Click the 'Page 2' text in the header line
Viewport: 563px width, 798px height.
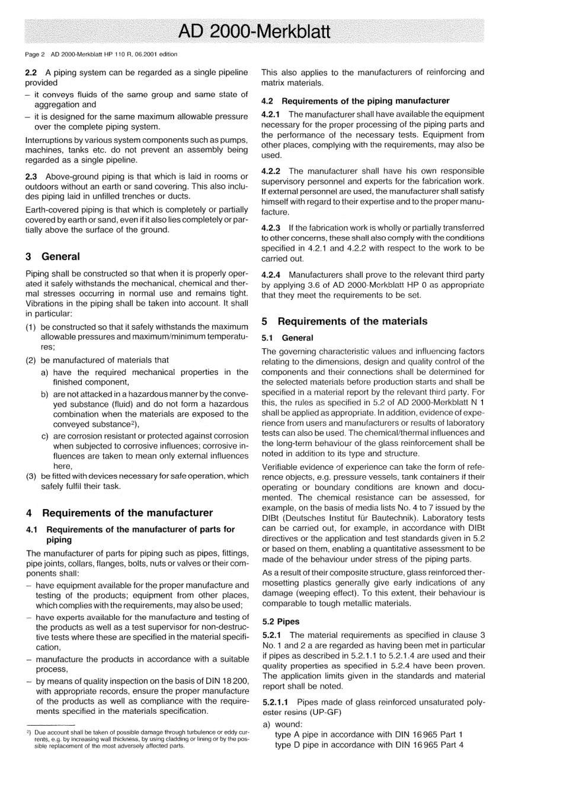(35, 55)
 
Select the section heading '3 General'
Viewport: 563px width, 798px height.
(52, 256)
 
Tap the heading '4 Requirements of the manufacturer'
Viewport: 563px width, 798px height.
(119, 513)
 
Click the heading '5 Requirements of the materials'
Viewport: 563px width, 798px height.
(344, 321)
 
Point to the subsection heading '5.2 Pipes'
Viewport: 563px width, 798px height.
(280, 622)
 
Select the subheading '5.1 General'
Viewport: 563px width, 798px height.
(287, 338)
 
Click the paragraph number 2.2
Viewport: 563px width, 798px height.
(31, 72)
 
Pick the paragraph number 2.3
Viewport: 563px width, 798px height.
(31, 176)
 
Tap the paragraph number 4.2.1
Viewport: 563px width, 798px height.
(272, 114)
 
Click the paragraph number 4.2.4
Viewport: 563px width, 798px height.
(272, 275)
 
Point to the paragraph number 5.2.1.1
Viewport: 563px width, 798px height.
(276, 702)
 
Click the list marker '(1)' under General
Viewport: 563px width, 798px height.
(31, 327)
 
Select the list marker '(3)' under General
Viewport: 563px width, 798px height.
(31, 476)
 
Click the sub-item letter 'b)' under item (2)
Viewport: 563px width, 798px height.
(45, 394)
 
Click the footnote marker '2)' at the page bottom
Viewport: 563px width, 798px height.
(28, 733)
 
